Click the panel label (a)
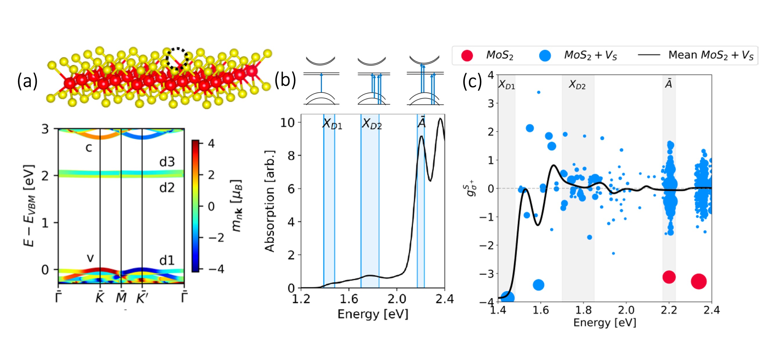(x=27, y=81)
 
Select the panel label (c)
(x=472, y=81)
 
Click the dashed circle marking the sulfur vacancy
(x=177, y=59)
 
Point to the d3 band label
(x=167, y=162)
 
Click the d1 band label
(x=167, y=261)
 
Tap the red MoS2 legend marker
(x=467, y=55)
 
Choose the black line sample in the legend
(x=649, y=55)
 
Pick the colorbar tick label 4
(x=211, y=143)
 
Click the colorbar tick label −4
(x=216, y=269)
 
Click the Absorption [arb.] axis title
(x=270, y=201)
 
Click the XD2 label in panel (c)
(x=577, y=85)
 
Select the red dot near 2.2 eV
(x=669, y=277)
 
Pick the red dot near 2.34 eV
(x=699, y=281)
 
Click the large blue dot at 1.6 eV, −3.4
(x=538, y=285)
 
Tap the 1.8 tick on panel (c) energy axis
(x=583, y=310)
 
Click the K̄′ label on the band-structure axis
(x=142, y=298)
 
